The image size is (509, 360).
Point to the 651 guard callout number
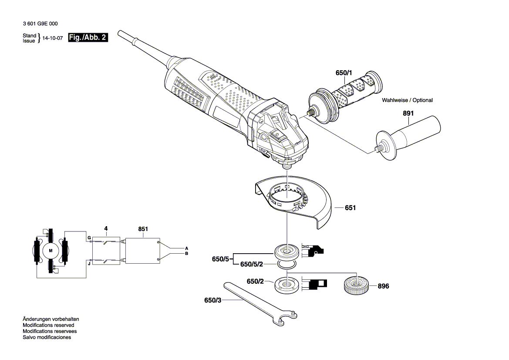pyautogui.click(x=350, y=208)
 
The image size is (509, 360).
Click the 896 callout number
pyautogui.click(x=383, y=286)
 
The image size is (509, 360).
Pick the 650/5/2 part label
pyautogui.click(x=252, y=265)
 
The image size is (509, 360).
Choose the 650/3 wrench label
pyautogui.click(x=212, y=300)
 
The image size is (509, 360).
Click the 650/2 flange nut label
pyautogui.click(x=256, y=282)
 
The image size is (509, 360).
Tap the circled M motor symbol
pyautogui.click(x=51, y=251)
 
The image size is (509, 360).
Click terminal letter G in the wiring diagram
pyautogui.click(x=88, y=238)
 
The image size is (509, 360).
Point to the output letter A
pyautogui.click(x=186, y=248)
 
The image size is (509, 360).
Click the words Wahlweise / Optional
pyautogui.click(x=407, y=100)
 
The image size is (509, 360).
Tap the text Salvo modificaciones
pyautogui.click(x=47, y=337)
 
